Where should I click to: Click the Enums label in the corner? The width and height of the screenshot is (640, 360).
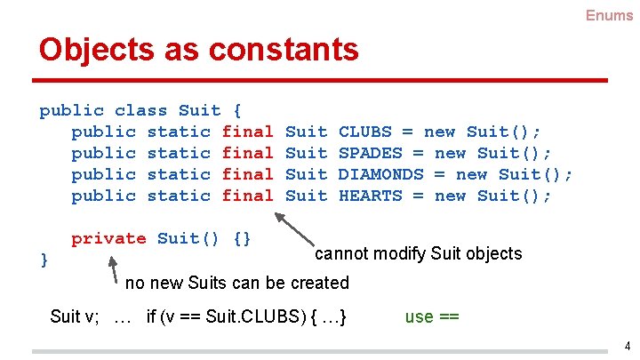pyautogui.click(x=609, y=15)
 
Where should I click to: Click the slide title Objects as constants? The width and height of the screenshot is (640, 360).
pyautogui.click(x=198, y=49)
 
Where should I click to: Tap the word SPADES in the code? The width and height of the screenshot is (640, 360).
pyautogui.click(x=372, y=153)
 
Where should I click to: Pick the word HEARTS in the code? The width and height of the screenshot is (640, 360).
pyautogui.click(x=372, y=196)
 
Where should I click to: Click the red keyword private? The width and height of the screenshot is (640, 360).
pyautogui.click(x=108, y=238)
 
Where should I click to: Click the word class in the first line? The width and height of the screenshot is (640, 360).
pyautogui.click(x=140, y=110)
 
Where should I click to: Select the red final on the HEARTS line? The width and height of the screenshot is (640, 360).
pyautogui.click(x=247, y=196)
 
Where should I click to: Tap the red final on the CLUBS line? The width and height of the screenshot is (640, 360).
pyautogui.click(x=247, y=132)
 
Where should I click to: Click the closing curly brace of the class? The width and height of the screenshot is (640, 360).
pyautogui.click(x=44, y=258)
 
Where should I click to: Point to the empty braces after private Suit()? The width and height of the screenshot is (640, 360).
pyautogui.click(x=242, y=238)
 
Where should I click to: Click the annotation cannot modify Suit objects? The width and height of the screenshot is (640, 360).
pyautogui.click(x=419, y=254)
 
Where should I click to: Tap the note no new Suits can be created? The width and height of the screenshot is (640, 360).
pyautogui.click(x=237, y=284)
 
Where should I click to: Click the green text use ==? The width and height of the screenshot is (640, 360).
pyautogui.click(x=431, y=316)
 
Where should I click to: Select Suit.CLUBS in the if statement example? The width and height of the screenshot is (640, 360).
pyautogui.click(x=259, y=316)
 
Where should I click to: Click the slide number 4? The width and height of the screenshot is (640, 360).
pyautogui.click(x=627, y=346)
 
